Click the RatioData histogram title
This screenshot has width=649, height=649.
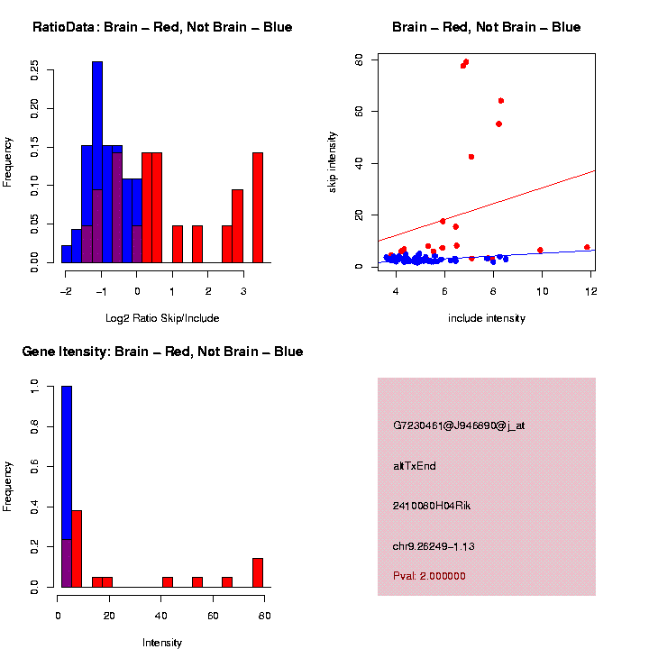[x=162, y=27]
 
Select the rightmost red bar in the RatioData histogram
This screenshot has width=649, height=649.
[x=258, y=207]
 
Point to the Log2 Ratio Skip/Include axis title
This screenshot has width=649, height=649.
[x=162, y=318]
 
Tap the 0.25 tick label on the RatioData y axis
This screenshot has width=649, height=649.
[x=34, y=70]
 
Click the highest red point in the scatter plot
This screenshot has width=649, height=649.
[x=466, y=62]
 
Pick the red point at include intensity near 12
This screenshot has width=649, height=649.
[x=587, y=247]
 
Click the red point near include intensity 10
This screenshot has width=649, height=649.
[x=540, y=250]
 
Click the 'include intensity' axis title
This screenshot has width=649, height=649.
[x=487, y=318]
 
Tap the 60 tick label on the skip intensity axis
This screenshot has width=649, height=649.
[x=359, y=59]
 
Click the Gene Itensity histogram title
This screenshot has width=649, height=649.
[x=162, y=352]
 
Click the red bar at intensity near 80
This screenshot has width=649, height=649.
[x=258, y=572]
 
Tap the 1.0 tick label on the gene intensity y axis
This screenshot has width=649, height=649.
[x=34, y=386]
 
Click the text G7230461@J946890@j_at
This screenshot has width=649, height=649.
[x=459, y=425]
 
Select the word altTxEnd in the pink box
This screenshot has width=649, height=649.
[x=415, y=466]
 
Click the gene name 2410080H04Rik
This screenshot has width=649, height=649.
[x=432, y=506]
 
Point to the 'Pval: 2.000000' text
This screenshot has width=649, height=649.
[x=429, y=576]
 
